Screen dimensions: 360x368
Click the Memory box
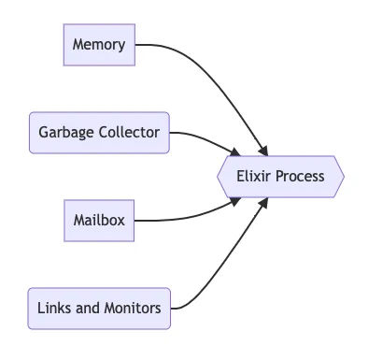point(99,45)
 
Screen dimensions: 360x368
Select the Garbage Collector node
point(99,133)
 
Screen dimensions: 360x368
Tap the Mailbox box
point(99,221)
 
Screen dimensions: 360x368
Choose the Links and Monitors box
point(99,308)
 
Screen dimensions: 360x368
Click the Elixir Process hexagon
point(280,176)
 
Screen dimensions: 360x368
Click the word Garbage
point(67,133)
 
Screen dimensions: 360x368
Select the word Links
point(53,308)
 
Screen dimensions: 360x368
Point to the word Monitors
point(133,308)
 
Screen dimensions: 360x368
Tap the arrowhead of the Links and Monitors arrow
point(265,202)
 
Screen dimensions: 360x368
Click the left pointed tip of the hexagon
point(218,176)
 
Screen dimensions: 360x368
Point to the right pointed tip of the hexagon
point(344,176)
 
